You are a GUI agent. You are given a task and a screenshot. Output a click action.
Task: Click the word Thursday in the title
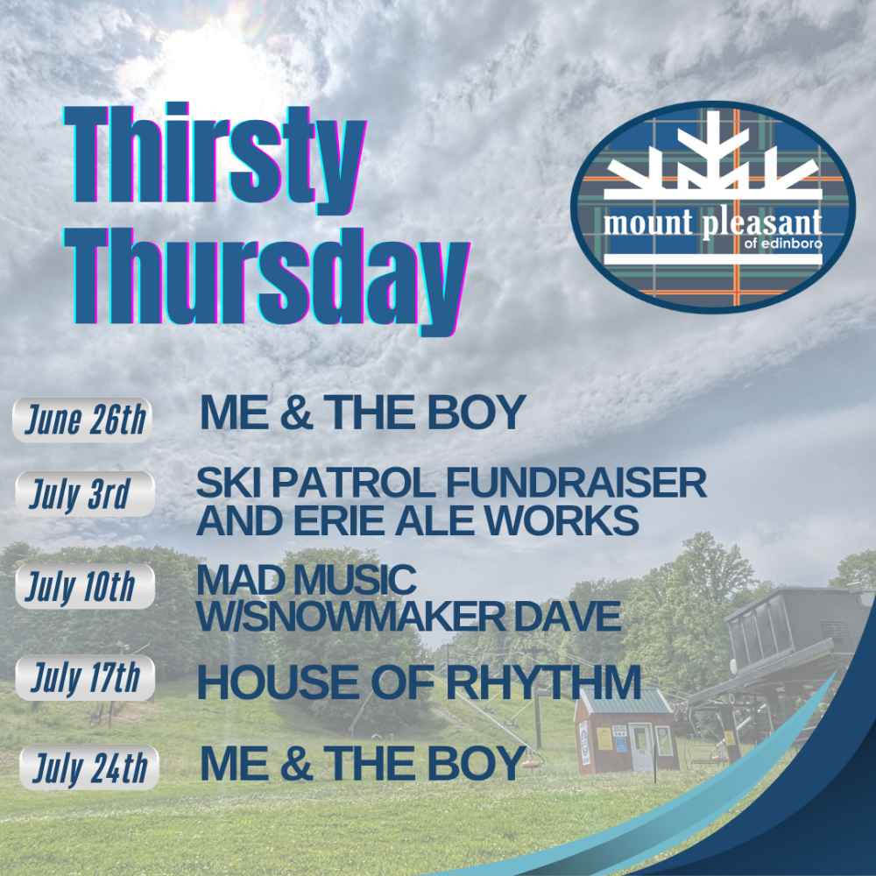pyautogui.click(x=267, y=281)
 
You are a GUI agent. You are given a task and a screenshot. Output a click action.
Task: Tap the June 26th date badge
pyautogui.click(x=82, y=420)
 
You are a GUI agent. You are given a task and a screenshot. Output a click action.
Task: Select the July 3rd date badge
pyautogui.click(x=85, y=494)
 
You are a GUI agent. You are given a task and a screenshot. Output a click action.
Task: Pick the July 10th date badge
pyautogui.click(x=85, y=587)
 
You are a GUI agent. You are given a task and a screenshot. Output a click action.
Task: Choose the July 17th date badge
pyautogui.click(x=85, y=678)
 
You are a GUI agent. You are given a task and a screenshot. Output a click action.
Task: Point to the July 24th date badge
pyautogui.click(x=89, y=767)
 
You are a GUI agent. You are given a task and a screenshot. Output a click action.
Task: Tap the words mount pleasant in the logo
pyautogui.click(x=713, y=223)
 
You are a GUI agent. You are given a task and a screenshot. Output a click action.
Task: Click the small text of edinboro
pyautogui.click(x=783, y=244)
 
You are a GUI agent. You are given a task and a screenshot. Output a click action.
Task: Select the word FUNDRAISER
pyautogui.click(x=576, y=483)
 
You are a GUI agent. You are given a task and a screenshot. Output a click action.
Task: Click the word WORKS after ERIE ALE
pyautogui.click(x=562, y=520)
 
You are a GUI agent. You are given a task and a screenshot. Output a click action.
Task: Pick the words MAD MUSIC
pyautogui.click(x=306, y=580)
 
